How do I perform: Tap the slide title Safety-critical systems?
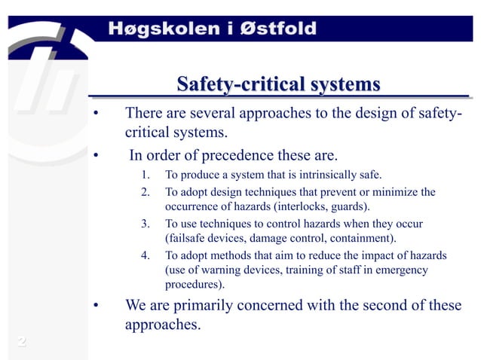click(277, 84)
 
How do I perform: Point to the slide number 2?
click(23, 343)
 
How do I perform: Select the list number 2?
click(145, 192)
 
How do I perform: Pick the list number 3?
click(145, 224)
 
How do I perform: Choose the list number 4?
click(145, 255)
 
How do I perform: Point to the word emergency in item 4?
click(401, 270)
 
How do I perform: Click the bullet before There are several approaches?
click(96, 114)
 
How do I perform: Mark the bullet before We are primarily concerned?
click(96, 307)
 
